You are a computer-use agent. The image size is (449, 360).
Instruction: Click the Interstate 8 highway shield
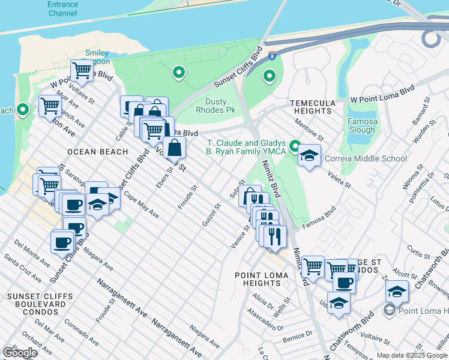point(273,56)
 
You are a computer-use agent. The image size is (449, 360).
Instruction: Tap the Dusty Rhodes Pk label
point(216,106)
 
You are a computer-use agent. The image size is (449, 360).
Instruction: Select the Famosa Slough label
point(363,125)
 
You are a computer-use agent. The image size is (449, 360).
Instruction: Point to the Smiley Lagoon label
point(97,58)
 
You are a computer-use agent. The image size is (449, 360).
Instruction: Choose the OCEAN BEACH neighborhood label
point(98,152)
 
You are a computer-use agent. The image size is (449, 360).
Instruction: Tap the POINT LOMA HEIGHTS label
point(261,279)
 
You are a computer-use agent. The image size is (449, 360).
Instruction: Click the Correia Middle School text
point(365,159)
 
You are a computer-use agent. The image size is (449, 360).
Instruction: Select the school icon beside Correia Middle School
point(309,156)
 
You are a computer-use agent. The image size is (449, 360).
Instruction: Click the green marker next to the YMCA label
point(295,146)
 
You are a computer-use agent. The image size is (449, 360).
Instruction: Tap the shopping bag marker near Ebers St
point(174,148)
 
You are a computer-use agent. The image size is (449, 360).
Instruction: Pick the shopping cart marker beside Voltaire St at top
point(82,71)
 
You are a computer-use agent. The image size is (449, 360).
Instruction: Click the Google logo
point(20,352)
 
